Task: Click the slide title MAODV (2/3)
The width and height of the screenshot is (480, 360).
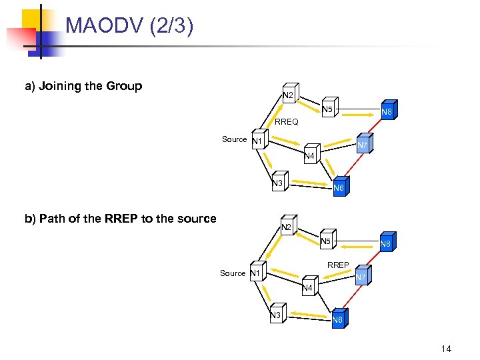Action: coord(129,26)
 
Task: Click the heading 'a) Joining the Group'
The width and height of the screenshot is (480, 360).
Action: coord(83,86)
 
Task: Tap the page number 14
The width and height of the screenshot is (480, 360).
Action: coord(446,348)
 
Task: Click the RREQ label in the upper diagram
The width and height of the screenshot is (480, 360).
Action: coord(287,123)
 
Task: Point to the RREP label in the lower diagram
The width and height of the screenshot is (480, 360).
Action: coord(338,265)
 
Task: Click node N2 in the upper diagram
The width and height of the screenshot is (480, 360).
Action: coord(289,95)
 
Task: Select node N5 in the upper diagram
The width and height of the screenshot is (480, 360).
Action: coord(327,109)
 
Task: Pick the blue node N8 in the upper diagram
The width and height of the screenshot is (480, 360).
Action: coord(386,112)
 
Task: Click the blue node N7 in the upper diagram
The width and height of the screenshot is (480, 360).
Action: coord(362,145)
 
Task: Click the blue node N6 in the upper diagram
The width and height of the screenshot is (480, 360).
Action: coord(339,187)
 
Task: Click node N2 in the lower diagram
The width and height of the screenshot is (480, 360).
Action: coord(286,227)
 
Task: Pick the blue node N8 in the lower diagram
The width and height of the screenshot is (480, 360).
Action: coord(385,244)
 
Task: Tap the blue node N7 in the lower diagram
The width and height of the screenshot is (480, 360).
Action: coord(361,277)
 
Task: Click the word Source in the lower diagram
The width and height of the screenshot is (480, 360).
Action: coord(233,273)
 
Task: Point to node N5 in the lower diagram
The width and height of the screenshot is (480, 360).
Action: coord(326,241)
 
